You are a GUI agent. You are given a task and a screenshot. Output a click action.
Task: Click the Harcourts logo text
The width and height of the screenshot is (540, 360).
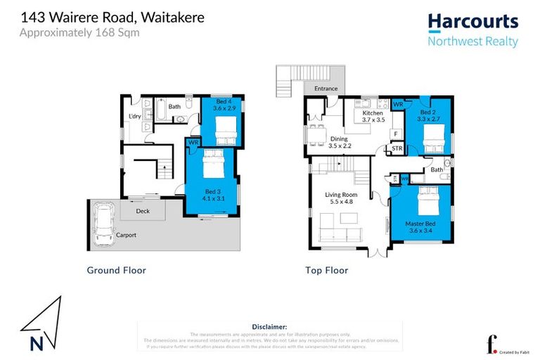pos(472,22)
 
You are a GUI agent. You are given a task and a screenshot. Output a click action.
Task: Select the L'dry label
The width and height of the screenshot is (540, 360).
pos(135,117)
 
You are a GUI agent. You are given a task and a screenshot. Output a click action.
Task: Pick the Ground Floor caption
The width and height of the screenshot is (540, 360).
pos(116,270)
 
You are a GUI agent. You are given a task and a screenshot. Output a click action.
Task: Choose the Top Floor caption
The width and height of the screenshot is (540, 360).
pos(326,270)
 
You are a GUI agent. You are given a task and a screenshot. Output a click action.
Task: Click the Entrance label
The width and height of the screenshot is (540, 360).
pos(326,89)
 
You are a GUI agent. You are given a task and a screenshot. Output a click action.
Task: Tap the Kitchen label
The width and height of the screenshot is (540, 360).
pos(373,113)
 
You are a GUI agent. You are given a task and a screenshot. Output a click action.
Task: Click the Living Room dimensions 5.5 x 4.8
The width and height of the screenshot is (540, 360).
pos(340,202)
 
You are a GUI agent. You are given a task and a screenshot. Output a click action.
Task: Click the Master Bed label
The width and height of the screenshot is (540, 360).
pos(419,224)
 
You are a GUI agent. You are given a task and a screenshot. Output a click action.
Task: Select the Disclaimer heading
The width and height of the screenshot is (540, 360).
pos(269,327)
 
